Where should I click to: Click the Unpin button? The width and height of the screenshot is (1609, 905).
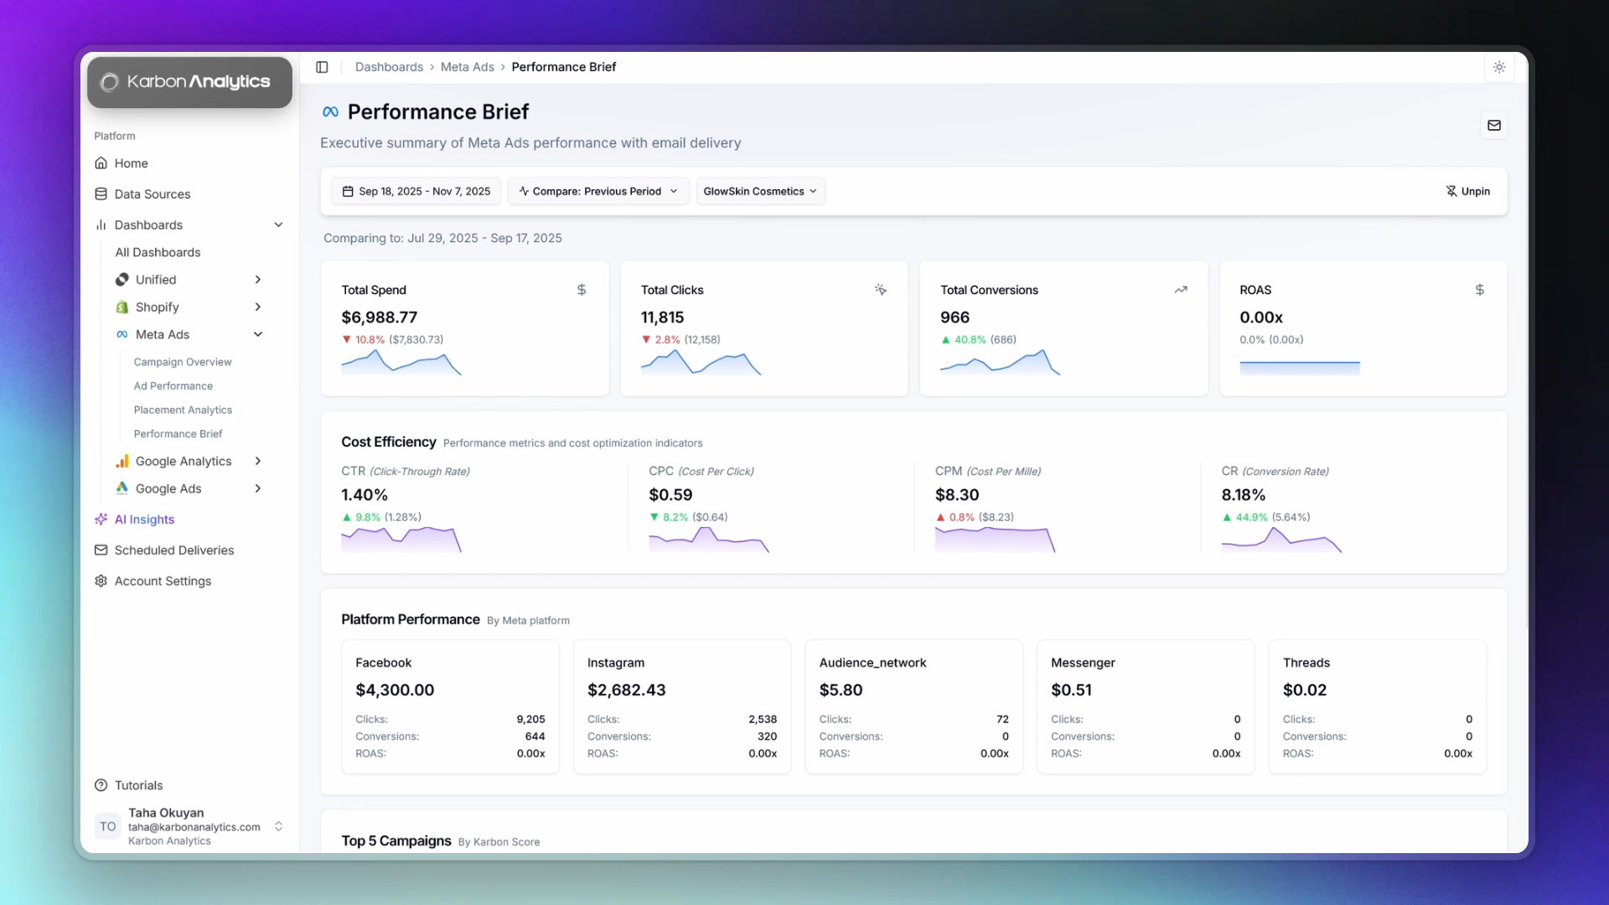tap(1467, 191)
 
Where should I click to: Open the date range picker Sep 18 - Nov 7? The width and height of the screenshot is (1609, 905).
tap(416, 191)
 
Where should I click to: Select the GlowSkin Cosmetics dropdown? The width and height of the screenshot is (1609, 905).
tap(759, 191)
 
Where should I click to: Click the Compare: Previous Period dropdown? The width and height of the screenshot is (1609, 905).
tap(598, 191)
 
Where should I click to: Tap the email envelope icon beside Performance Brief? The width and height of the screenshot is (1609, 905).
tap(1493, 126)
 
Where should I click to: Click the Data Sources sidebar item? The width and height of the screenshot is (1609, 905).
tap(152, 194)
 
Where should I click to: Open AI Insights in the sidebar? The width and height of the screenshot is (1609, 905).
tap(144, 520)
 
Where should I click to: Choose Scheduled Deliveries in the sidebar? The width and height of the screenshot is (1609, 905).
tap(173, 551)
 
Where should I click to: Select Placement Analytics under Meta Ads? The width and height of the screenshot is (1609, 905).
tap(183, 410)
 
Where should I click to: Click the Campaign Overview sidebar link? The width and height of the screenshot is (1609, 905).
tap(183, 362)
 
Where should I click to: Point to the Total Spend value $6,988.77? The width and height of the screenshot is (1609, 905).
tap(379, 318)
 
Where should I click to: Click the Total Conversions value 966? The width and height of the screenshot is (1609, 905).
tap(955, 318)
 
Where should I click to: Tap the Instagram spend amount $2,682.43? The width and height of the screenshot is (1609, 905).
tap(626, 690)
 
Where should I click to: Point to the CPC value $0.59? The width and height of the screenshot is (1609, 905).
tap(670, 495)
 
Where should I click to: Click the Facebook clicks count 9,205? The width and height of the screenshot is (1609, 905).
tap(530, 719)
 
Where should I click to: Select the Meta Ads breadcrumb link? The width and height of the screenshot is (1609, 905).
tap(467, 67)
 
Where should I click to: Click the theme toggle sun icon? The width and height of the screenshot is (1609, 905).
tap(1498, 67)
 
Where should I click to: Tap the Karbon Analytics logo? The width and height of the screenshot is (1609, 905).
tap(189, 82)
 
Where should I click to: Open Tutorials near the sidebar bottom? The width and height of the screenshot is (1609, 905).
tap(138, 785)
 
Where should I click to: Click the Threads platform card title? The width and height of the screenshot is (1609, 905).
tap(1306, 663)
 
